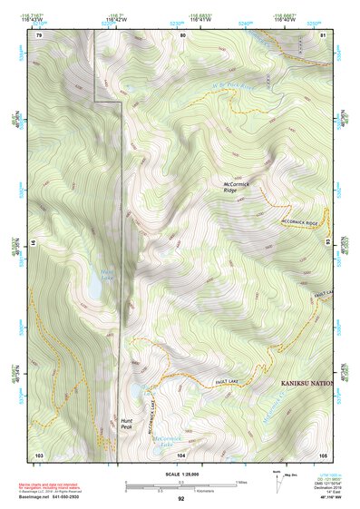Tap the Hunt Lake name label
pos(108,273)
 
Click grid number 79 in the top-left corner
pos(39,34)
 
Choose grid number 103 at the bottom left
pos(39,454)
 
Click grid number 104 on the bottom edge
pos(181,454)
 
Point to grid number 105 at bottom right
pos(323,454)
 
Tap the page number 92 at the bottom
pos(181,498)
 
